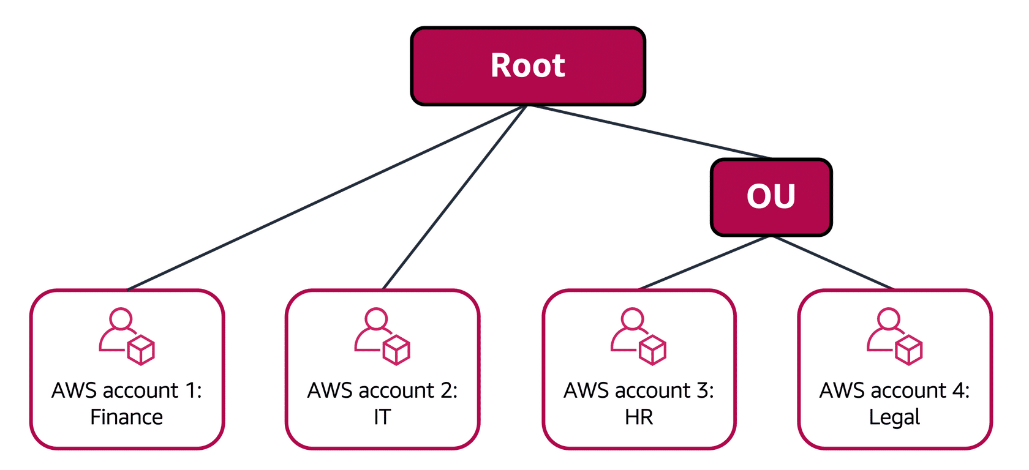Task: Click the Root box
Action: coord(528,66)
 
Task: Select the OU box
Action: coord(771,197)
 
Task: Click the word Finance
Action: coord(126,417)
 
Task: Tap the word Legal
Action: coord(894,417)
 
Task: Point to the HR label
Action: coord(638,417)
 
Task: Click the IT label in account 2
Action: coord(382,417)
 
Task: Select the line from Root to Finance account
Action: coord(326,198)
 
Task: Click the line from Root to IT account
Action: coord(454,198)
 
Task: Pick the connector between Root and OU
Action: coord(649,132)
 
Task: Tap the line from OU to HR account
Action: coord(705,263)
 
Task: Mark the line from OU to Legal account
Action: coord(833,263)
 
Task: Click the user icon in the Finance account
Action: coord(127,336)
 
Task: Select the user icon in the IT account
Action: coord(382,336)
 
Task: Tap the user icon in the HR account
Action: coord(638,336)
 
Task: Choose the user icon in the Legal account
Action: coord(895,336)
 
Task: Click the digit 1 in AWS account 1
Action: coord(190,390)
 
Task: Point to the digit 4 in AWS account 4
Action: coord(958,390)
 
